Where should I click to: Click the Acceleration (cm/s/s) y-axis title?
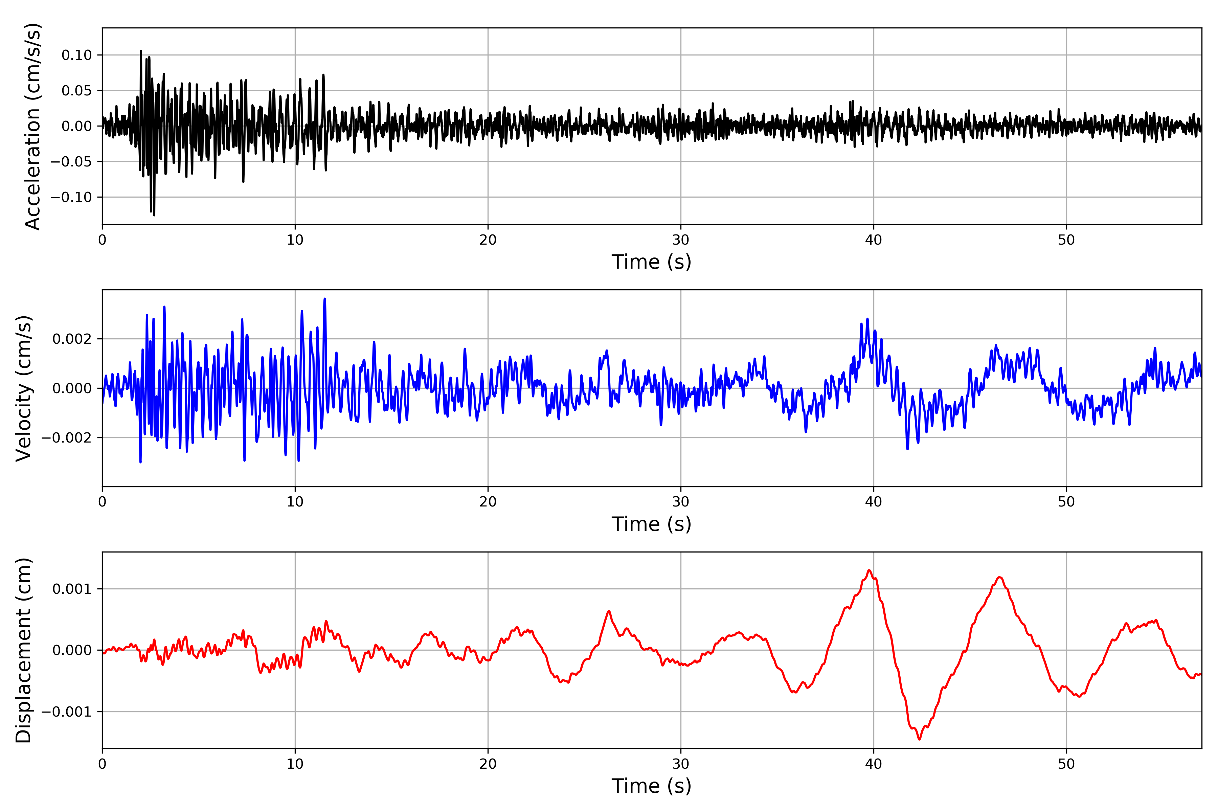tap(32, 126)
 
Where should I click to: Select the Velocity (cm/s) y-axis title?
tap(24, 388)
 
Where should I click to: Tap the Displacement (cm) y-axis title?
tap(24, 650)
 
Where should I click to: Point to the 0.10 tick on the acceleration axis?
tap(77, 55)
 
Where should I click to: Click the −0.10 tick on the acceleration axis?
tap(71, 197)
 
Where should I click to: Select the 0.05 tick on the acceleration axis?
tap(77, 91)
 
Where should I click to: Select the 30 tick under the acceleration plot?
tap(680, 240)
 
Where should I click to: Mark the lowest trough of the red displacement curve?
tap(919, 739)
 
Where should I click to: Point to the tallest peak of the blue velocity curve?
tap(325, 299)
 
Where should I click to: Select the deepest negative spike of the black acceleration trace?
tap(154, 215)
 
